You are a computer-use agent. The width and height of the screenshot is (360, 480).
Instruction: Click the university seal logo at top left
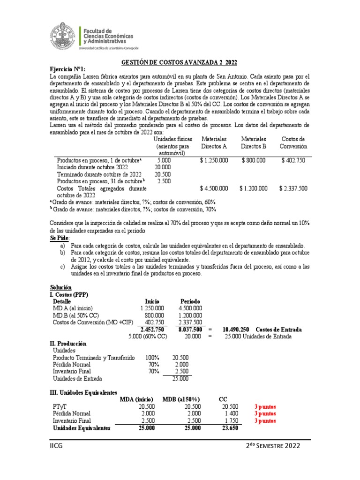click(64, 36)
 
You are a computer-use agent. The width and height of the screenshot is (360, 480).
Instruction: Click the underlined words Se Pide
click(59, 238)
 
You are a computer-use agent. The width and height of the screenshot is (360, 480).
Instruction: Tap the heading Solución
click(61, 287)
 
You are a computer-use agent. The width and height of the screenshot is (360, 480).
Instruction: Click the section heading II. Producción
click(70, 343)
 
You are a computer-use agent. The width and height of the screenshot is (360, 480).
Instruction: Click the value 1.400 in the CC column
click(231, 413)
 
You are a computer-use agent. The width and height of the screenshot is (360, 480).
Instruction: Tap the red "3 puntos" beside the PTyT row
click(265, 406)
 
